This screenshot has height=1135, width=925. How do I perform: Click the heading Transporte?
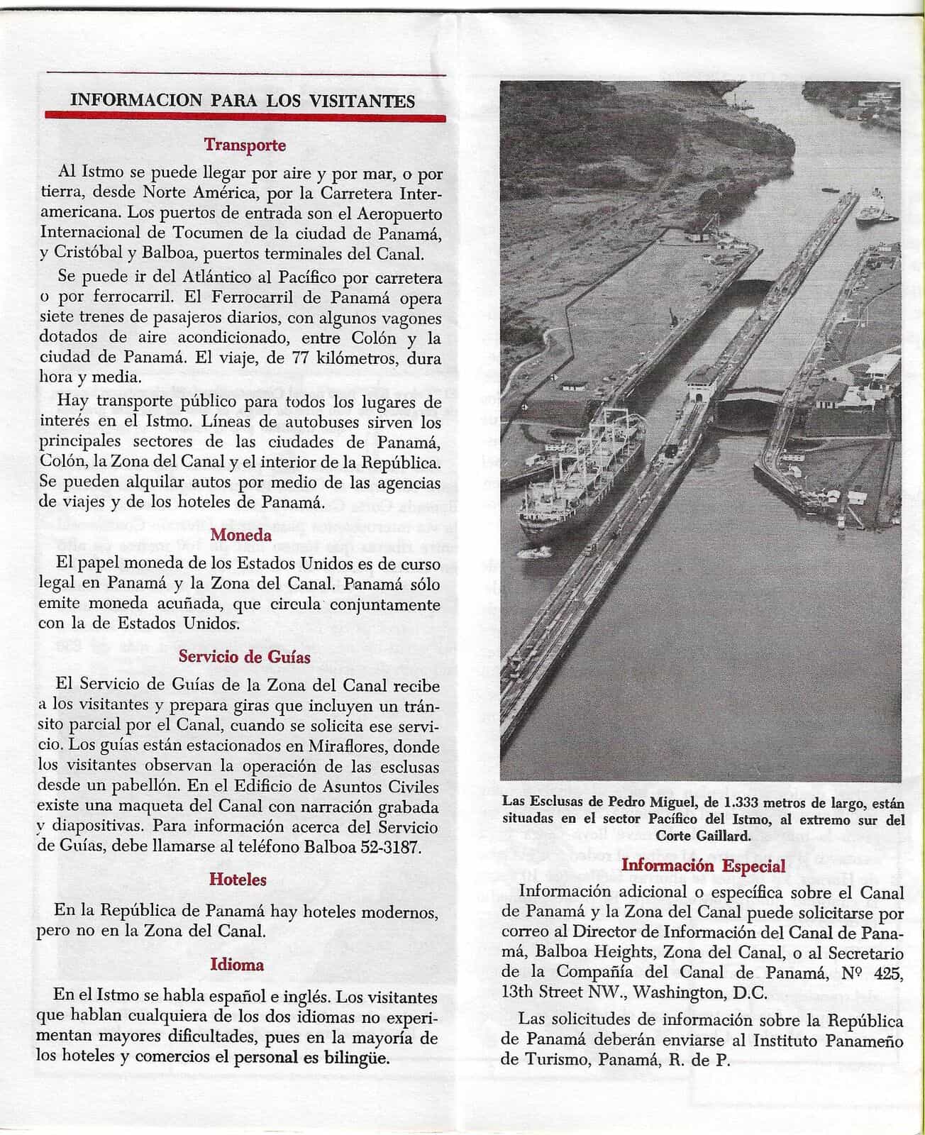[x=245, y=145]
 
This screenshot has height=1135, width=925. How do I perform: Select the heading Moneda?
[x=241, y=535]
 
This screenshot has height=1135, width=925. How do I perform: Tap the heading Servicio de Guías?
[x=244, y=657]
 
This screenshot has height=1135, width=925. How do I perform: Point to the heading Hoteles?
[x=238, y=880]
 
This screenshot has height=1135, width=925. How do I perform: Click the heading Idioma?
[x=237, y=965]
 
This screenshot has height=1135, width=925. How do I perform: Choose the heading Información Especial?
[x=703, y=865]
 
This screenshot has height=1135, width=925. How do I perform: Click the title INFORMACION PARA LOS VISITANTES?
[x=243, y=101]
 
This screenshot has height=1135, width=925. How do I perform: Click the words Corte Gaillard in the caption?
[x=703, y=836]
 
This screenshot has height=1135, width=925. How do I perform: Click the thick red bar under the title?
[x=245, y=117]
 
